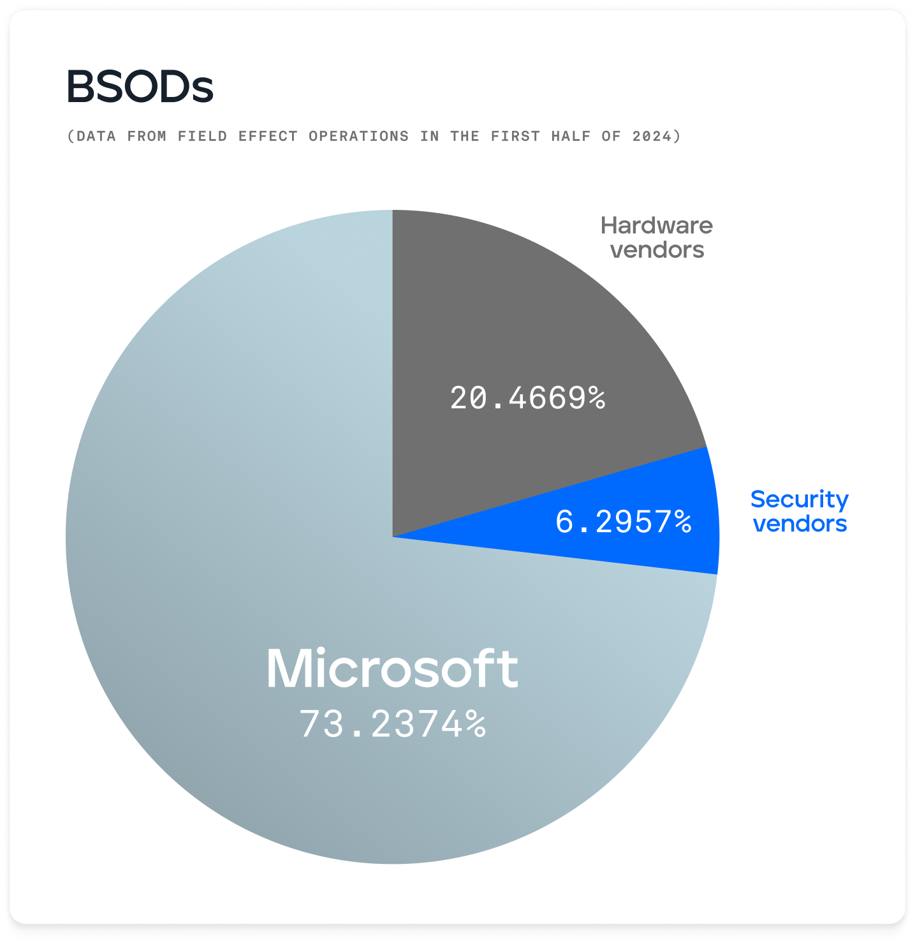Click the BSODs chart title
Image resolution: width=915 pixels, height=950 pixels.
click(x=140, y=87)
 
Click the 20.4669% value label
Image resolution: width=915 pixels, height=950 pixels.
click(x=527, y=398)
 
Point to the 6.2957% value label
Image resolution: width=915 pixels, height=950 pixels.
click(x=623, y=522)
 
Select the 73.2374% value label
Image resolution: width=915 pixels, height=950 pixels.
click(x=393, y=724)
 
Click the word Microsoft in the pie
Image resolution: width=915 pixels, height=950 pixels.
click(x=392, y=669)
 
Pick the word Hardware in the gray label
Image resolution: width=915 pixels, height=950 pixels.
click(x=657, y=225)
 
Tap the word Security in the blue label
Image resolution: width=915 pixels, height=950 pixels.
click(x=800, y=499)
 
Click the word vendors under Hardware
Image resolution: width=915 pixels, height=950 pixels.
click(x=657, y=250)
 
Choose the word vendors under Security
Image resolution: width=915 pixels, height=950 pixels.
click(x=800, y=524)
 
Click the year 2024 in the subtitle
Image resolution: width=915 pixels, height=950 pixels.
click(x=652, y=136)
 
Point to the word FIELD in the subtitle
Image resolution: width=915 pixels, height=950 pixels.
click(x=203, y=136)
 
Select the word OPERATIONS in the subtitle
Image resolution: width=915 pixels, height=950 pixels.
click(x=358, y=136)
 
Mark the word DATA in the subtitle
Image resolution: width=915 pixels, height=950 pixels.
click(x=96, y=136)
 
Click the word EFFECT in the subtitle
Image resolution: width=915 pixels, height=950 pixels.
click(x=268, y=136)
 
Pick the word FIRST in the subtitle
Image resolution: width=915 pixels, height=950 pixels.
click(x=515, y=136)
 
